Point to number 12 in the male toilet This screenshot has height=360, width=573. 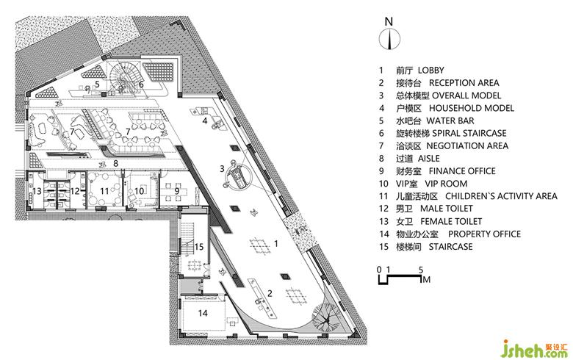(75, 191)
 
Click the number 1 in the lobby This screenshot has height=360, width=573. (275, 242)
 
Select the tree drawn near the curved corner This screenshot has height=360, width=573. (324, 317)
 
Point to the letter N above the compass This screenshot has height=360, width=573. (389, 19)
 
